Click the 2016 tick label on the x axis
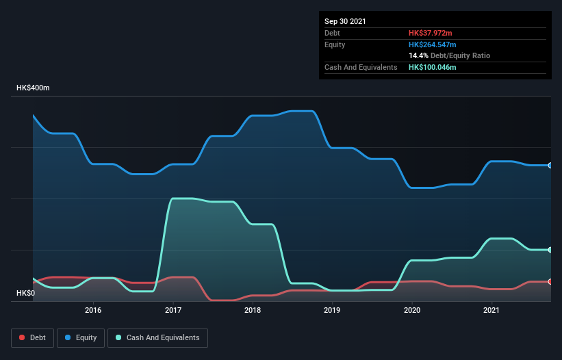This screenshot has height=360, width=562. [93, 310]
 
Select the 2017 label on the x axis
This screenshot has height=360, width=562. [173, 310]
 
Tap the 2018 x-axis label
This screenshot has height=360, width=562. [253, 310]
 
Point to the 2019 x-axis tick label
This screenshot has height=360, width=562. [332, 310]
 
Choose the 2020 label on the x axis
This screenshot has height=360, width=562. [412, 310]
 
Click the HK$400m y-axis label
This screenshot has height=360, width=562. [33, 88]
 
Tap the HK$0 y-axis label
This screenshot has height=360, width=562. [25, 293]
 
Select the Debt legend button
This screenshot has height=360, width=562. [33, 337]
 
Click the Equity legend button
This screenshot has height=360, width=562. [80, 337]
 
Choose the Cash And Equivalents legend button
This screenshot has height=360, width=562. [157, 337]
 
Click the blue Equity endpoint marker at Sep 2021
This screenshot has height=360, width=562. [550, 165]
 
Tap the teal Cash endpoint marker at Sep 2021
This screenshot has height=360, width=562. [550, 250]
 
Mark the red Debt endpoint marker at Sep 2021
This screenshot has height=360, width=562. [550, 281]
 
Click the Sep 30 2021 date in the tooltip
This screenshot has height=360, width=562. [346, 21]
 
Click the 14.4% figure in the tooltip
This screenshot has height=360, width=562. [418, 55]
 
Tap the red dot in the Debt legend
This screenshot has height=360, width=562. [23, 337]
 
